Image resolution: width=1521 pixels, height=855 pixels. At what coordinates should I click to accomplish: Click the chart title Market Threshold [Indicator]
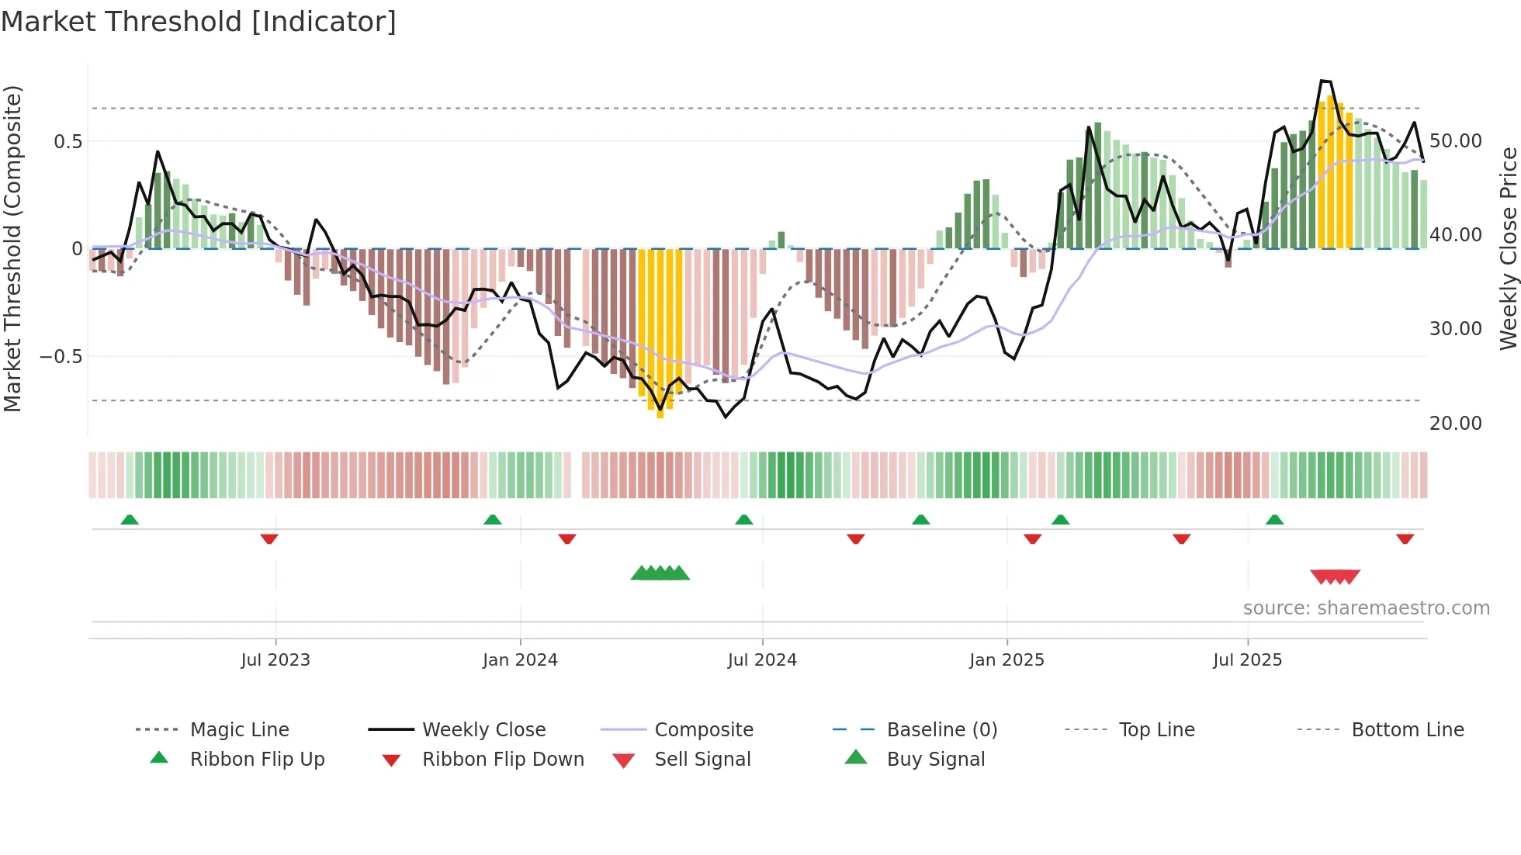(x=199, y=22)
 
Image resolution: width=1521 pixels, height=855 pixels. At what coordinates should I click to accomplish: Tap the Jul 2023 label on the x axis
(x=275, y=660)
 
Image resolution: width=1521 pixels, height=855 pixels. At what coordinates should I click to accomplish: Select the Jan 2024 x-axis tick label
(x=520, y=660)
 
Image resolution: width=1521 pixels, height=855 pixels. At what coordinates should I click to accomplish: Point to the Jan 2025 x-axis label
(x=1006, y=660)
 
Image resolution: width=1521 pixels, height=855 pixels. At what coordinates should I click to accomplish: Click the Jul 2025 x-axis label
(x=1247, y=660)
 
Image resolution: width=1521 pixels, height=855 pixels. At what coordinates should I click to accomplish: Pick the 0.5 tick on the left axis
(x=68, y=141)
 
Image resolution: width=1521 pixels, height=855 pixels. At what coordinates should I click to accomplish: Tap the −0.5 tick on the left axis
(x=61, y=357)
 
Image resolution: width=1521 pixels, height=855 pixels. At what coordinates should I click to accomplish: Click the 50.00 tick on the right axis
(x=1455, y=141)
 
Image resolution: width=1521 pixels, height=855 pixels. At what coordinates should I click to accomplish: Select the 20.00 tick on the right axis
(x=1455, y=424)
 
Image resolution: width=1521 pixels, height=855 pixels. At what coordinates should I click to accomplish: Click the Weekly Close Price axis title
(x=1508, y=248)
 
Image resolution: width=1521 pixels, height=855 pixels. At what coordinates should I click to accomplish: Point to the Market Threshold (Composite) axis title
(x=12, y=248)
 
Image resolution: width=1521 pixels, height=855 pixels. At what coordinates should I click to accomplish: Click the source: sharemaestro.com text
(x=1366, y=608)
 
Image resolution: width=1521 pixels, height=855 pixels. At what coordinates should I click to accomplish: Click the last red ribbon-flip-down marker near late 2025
(x=1405, y=538)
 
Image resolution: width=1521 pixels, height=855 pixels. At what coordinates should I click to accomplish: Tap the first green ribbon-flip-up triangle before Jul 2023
(x=130, y=520)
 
